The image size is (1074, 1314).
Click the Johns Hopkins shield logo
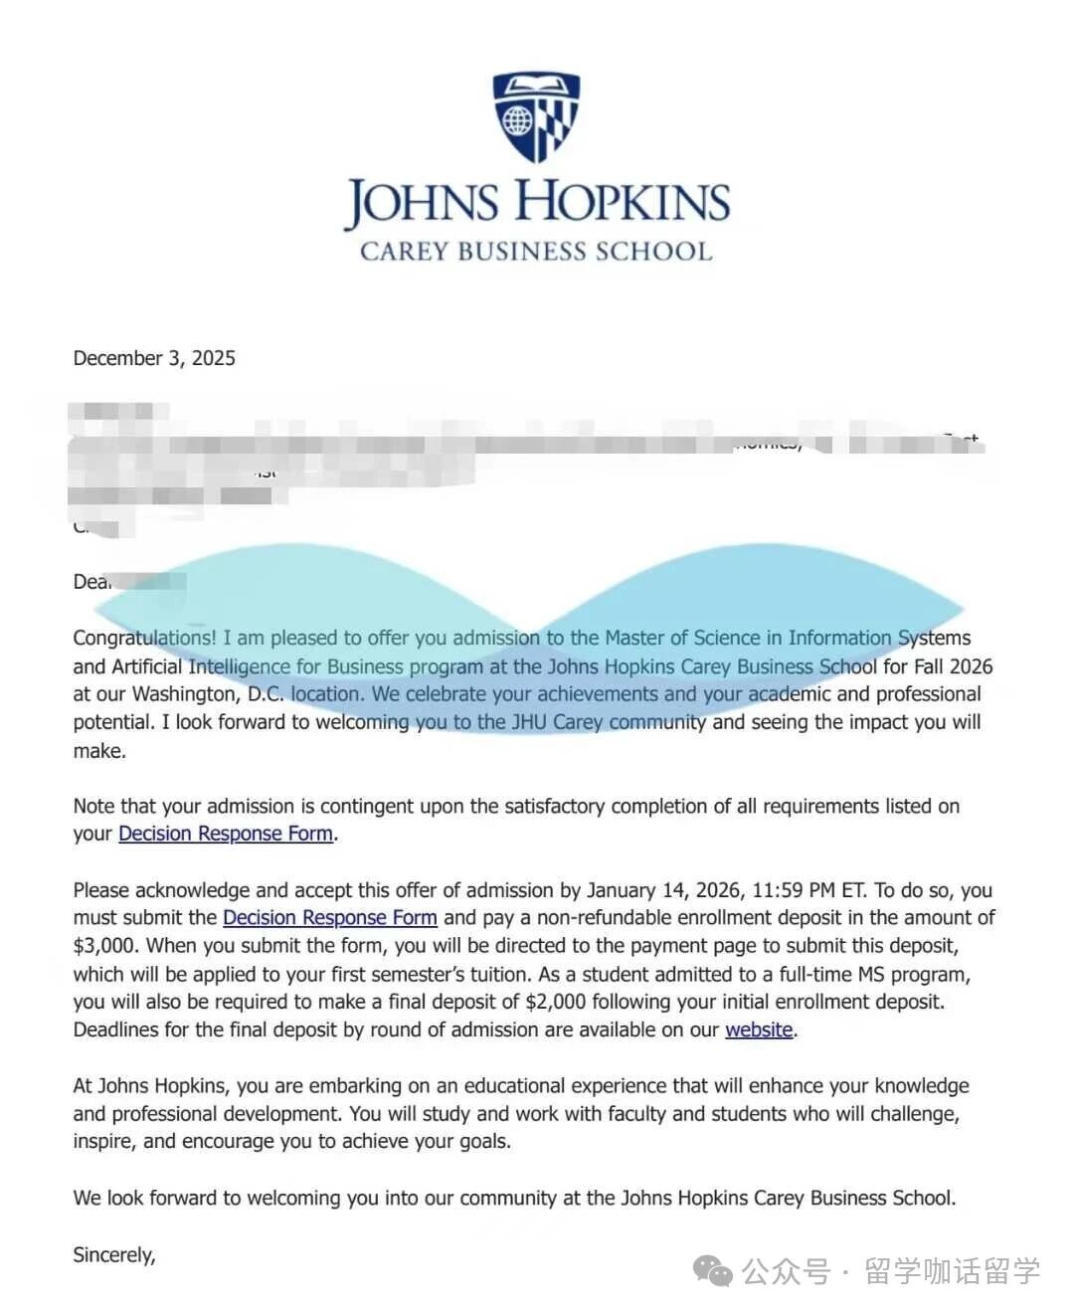pyautogui.click(x=536, y=115)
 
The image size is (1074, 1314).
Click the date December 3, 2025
pyautogui.click(x=154, y=358)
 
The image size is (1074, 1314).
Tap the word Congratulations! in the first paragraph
pyautogui.click(x=144, y=638)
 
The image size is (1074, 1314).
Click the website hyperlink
pyautogui.click(x=759, y=1030)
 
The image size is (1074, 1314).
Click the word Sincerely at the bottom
pyautogui.click(x=113, y=1255)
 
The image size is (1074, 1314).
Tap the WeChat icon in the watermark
pyautogui.click(x=713, y=1270)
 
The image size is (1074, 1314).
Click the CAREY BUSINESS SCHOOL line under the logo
pyautogui.click(x=536, y=251)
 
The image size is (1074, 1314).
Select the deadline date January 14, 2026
pyautogui.click(x=663, y=890)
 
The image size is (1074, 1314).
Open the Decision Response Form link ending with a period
pyautogui.click(x=226, y=834)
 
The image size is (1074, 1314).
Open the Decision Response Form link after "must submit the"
pyautogui.click(x=330, y=917)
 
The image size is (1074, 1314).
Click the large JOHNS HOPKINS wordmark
pyautogui.click(x=537, y=202)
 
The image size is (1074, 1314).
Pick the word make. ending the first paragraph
pyautogui.click(x=99, y=751)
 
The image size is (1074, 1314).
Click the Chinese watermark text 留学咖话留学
pyautogui.click(x=952, y=1271)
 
